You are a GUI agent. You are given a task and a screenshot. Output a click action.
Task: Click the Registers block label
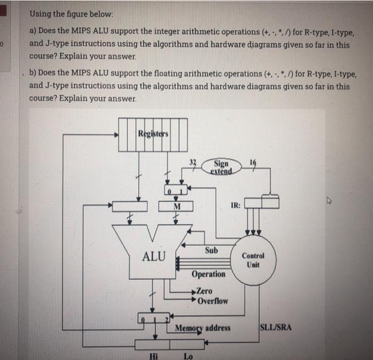point(153,133)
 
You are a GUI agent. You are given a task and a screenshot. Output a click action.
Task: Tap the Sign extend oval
point(221,167)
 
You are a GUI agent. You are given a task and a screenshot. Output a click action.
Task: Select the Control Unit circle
point(253,259)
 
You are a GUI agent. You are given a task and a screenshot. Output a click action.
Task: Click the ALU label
point(154,256)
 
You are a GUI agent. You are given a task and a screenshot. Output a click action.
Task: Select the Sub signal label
point(211,249)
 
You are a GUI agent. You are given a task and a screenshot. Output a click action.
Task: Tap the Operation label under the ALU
point(208,274)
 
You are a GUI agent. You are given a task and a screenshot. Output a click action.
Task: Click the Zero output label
point(204,291)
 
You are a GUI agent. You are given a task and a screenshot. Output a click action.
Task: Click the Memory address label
point(203,328)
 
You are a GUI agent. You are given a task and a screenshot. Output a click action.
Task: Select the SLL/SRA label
point(275,327)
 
